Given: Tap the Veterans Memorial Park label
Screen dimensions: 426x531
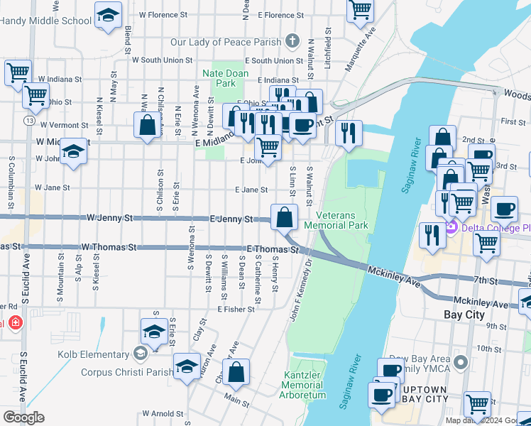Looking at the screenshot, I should [x=336, y=220].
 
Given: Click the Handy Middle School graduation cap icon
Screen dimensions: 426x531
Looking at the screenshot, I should [x=107, y=16].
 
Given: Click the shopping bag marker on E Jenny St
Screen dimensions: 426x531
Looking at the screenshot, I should [x=284, y=217].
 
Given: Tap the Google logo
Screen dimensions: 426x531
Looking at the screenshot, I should [x=23, y=417].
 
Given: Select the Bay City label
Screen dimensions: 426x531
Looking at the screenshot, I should [x=463, y=313].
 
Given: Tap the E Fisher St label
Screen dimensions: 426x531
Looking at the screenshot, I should [x=236, y=310].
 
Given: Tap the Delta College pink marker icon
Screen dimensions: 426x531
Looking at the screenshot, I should [x=449, y=228].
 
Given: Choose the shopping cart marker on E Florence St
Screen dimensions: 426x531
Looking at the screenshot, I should [x=360, y=9].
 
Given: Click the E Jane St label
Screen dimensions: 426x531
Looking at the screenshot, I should [x=251, y=190].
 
